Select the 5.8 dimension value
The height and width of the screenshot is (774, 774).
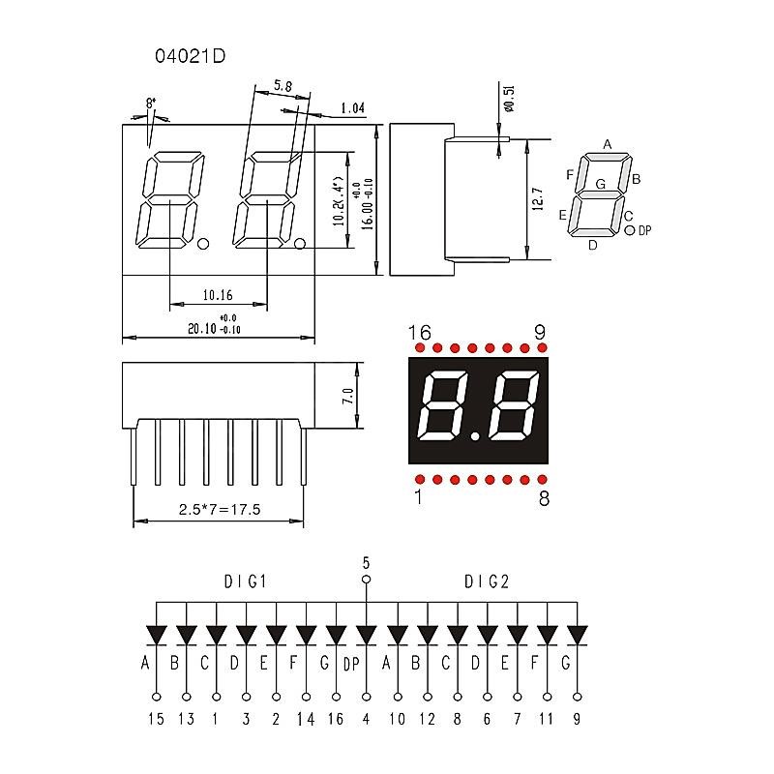point(283,86)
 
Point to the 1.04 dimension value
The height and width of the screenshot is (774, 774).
point(352,108)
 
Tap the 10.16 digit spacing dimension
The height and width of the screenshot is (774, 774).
point(217,294)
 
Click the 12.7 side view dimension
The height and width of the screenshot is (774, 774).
point(538,199)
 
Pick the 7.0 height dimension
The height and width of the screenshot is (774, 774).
point(348,395)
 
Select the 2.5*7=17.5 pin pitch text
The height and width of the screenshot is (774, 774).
point(220,510)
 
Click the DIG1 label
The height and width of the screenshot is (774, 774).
point(245,581)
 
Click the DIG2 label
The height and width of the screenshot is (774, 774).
point(486,581)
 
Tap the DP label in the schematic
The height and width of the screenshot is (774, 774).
point(352,664)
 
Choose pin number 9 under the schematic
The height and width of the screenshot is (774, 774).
point(578,719)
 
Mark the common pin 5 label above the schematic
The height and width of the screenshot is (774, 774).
point(366,561)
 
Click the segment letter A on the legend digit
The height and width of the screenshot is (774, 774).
point(608,145)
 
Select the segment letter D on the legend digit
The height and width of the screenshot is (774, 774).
point(593,245)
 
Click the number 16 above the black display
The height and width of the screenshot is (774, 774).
point(419,333)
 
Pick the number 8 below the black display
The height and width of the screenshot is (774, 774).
point(543,499)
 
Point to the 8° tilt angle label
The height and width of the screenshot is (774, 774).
point(151,103)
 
